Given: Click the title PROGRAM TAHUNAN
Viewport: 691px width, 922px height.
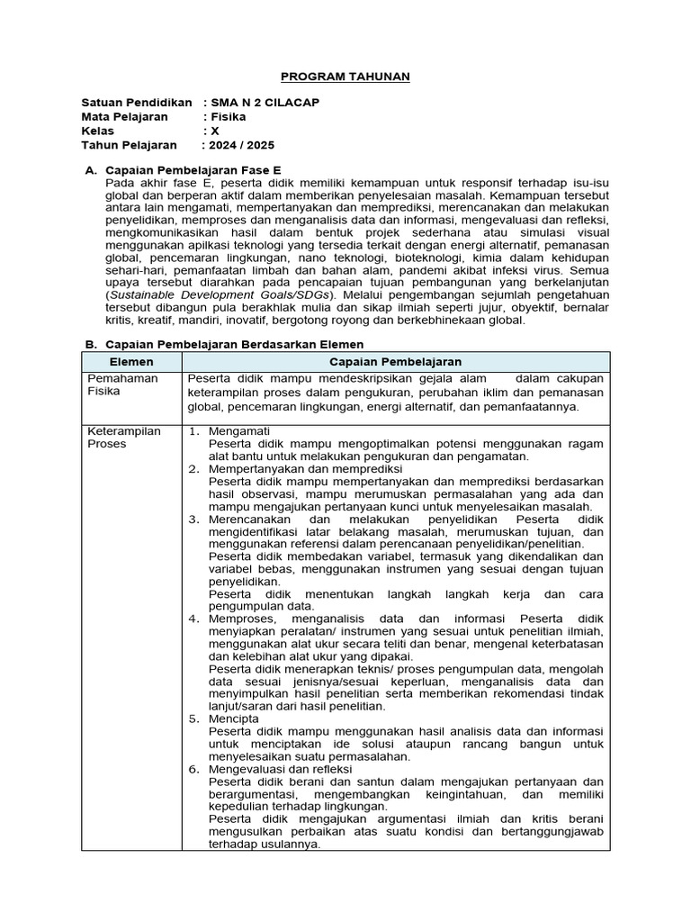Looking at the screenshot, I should [x=345, y=77].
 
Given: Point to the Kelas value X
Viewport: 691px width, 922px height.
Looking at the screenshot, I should [x=214, y=131].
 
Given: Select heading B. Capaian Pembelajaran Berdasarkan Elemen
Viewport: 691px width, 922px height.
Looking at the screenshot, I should [x=224, y=344].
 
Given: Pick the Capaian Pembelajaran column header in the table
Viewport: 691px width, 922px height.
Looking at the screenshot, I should [x=396, y=361].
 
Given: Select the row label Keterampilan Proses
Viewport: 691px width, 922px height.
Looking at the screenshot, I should [x=123, y=438].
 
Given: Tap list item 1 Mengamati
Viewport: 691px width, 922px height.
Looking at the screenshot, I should [x=238, y=431].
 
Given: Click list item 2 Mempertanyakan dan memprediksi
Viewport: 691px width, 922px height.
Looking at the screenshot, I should [x=305, y=469].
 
